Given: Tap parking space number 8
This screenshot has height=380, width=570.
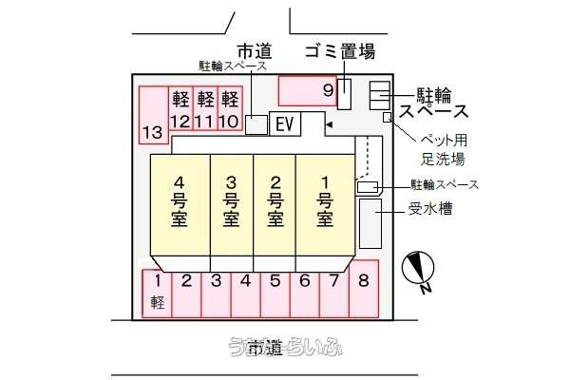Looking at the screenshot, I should (x=364, y=293).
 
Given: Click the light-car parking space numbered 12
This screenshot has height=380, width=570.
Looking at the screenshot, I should (x=180, y=108).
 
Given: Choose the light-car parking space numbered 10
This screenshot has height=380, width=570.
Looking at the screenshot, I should (x=227, y=108).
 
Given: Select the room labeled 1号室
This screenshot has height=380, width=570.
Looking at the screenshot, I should (x=324, y=204).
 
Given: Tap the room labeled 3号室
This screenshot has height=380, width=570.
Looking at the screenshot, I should (x=230, y=204).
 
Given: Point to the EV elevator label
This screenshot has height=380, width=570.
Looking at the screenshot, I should (x=283, y=123).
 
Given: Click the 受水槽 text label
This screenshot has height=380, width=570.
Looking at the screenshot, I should (x=429, y=209).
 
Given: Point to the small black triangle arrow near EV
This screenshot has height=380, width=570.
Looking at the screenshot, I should (x=328, y=123).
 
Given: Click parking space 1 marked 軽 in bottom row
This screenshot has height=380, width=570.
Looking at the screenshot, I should (x=158, y=293).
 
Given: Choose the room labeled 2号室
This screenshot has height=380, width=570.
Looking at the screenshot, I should (x=275, y=204).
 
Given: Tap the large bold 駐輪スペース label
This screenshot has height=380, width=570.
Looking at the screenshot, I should (x=438, y=103).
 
